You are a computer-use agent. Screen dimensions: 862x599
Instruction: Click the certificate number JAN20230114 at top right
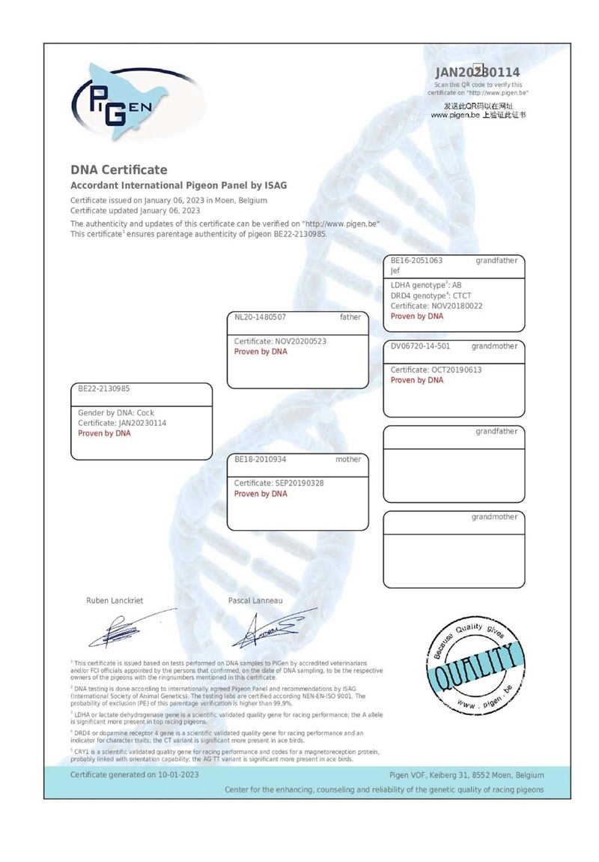point(477,73)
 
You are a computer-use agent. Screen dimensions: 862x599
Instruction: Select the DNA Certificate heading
point(119,170)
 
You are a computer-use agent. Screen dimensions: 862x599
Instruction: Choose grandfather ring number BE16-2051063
point(416,261)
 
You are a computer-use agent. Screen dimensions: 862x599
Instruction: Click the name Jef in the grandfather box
point(395,271)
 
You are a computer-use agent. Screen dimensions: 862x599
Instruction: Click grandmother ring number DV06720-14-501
point(421,346)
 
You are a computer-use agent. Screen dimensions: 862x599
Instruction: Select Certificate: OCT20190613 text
point(437,370)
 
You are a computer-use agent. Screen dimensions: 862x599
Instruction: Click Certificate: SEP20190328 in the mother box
point(279,483)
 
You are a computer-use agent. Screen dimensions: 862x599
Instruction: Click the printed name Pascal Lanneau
point(256,600)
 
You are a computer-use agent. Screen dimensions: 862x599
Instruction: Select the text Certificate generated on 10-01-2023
point(135,775)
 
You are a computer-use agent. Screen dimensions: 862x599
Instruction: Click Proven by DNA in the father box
point(261,352)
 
